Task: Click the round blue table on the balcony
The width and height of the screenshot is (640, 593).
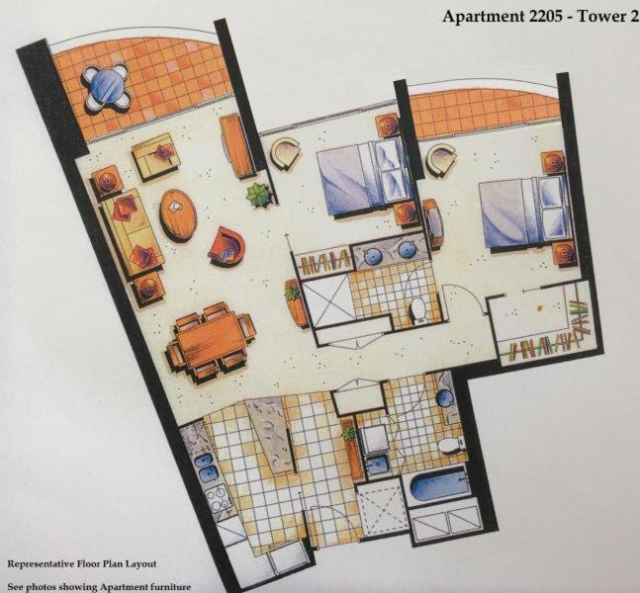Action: click(107, 86)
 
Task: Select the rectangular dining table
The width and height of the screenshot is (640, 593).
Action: click(212, 340)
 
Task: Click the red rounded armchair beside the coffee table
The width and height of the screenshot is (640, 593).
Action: click(228, 246)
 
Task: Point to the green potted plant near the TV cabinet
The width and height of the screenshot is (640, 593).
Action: click(259, 195)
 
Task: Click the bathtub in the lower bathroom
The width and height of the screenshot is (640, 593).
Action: click(438, 485)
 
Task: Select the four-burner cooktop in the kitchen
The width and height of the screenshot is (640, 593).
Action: click(219, 498)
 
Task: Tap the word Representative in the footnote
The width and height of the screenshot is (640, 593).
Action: click(41, 564)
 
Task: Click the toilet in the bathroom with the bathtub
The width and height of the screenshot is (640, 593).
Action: click(449, 446)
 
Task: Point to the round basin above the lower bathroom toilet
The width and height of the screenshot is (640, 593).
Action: click(445, 397)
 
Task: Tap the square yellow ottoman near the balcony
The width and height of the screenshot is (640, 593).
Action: click(156, 156)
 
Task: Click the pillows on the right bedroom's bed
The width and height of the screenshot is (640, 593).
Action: click(552, 209)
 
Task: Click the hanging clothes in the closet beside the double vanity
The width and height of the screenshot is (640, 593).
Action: click(325, 262)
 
